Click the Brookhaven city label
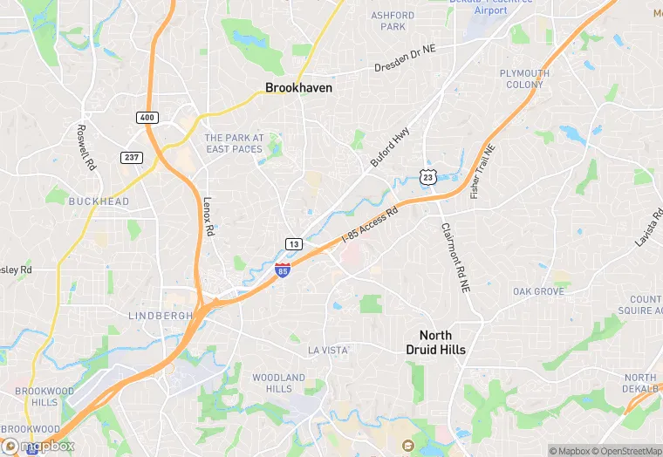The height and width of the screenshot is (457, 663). pyautogui.click(x=298, y=88)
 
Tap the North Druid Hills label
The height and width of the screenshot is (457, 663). pyautogui.click(x=442, y=343)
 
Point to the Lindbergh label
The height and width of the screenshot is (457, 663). pyautogui.click(x=159, y=315)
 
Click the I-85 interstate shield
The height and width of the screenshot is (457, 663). pyautogui.click(x=282, y=271)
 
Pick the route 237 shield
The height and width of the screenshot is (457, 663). pyautogui.click(x=130, y=156)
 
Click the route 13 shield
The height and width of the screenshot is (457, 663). pyautogui.click(x=294, y=243)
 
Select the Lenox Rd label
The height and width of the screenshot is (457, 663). pyautogui.click(x=208, y=214)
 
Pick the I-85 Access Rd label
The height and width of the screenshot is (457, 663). pyautogui.click(x=369, y=224)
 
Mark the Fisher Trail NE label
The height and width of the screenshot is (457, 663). pyautogui.click(x=482, y=171)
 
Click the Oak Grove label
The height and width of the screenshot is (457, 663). pyautogui.click(x=538, y=291)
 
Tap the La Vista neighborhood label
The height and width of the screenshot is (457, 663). pyautogui.click(x=328, y=350)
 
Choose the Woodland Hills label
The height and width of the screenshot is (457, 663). pyautogui.click(x=278, y=383)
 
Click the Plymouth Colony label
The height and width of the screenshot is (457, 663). pyautogui.click(x=524, y=78)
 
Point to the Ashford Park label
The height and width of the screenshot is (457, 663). pyautogui.click(x=393, y=21)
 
